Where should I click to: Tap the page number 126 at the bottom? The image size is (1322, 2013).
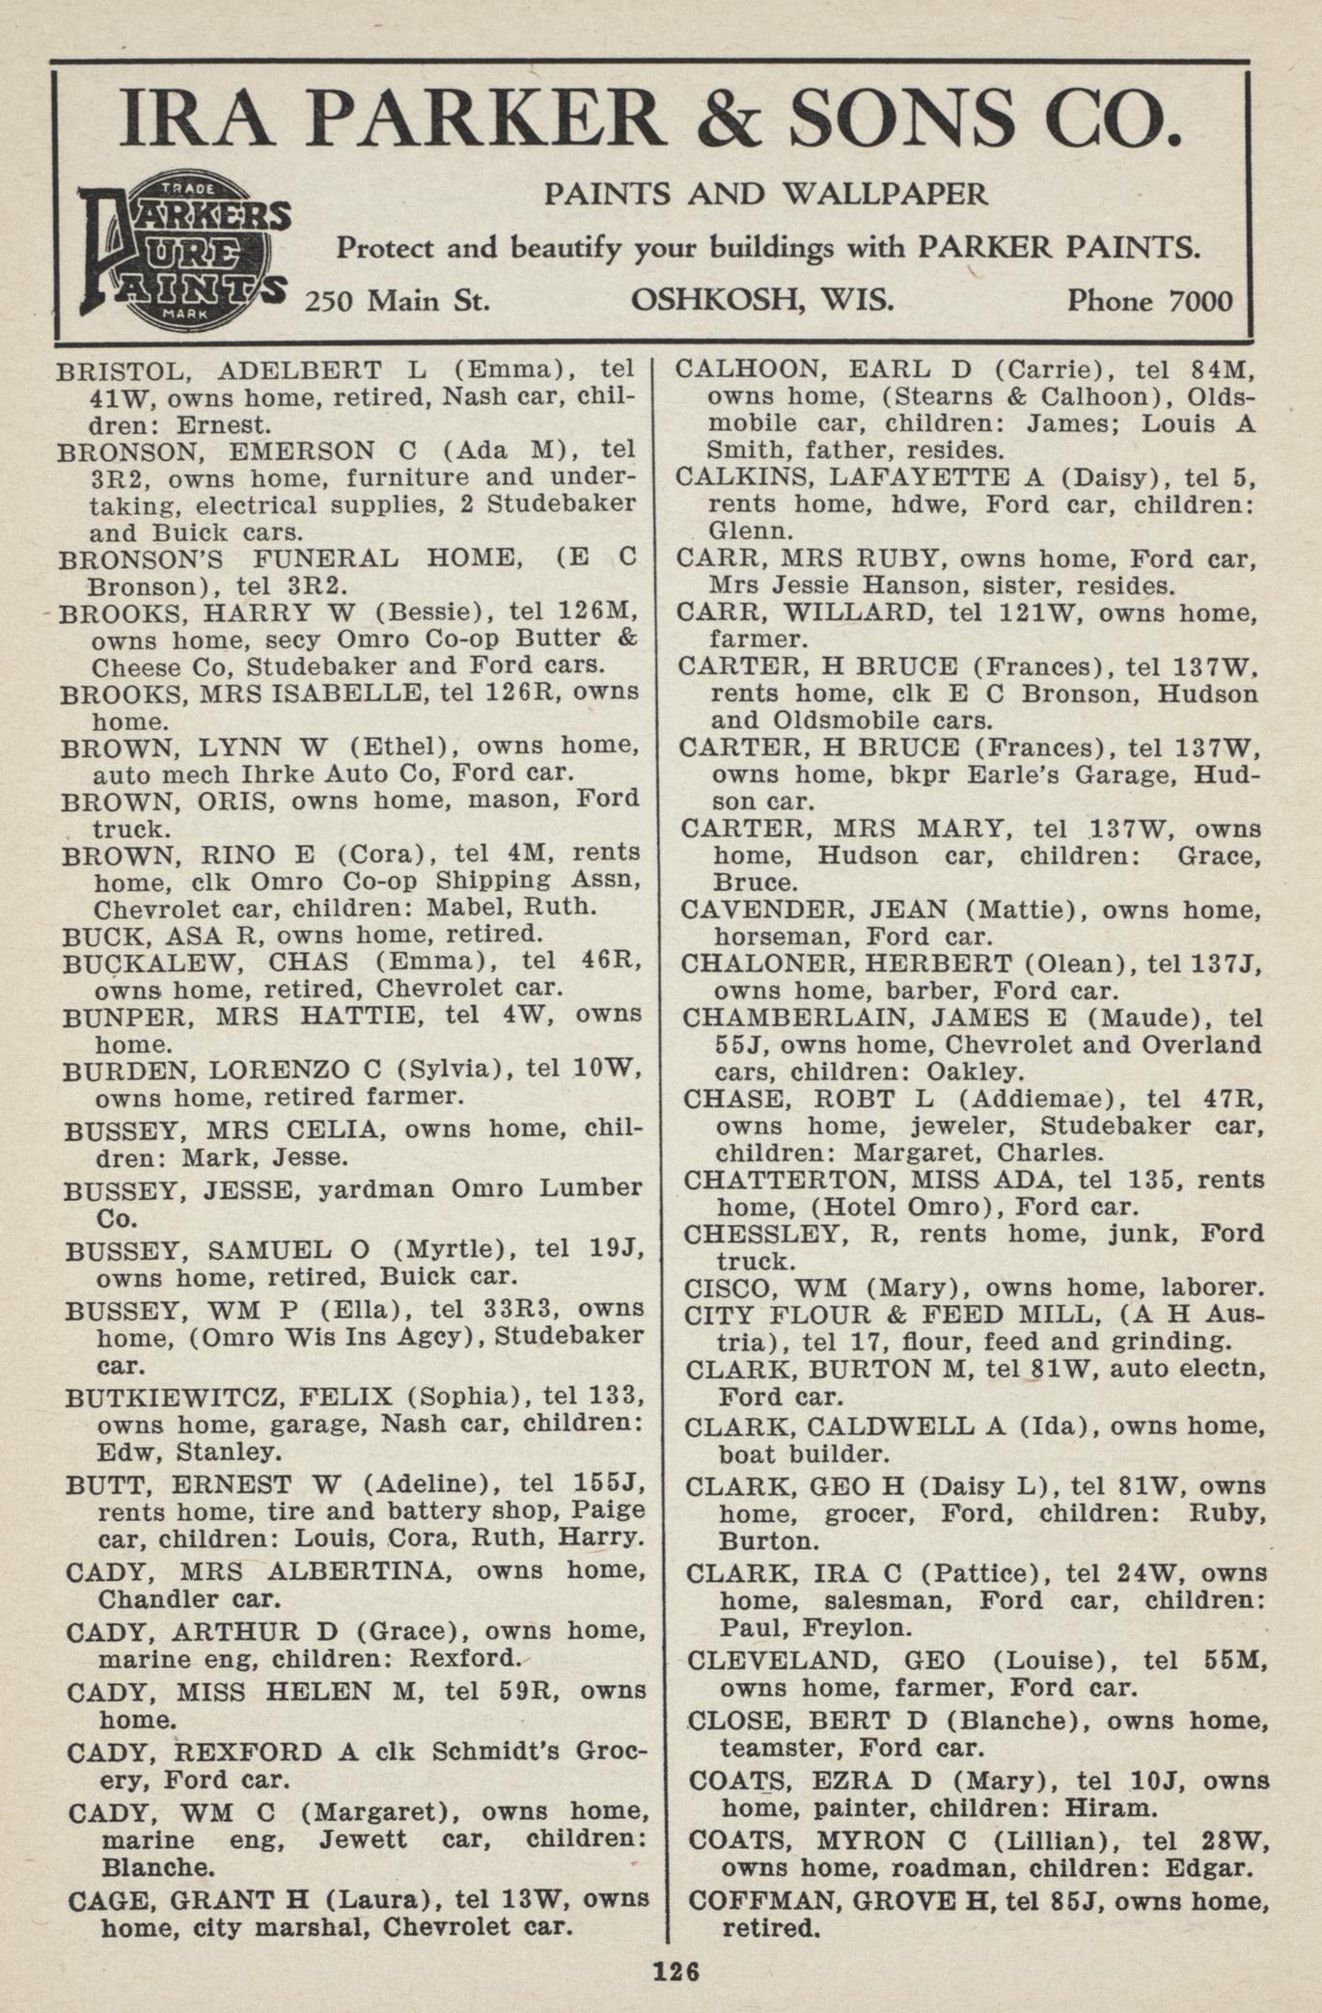[x=674, y=1971]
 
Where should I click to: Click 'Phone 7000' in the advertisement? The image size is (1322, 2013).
[x=1148, y=301]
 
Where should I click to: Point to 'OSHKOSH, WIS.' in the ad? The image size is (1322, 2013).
[x=761, y=300]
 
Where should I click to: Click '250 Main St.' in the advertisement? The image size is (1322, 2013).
[x=398, y=301]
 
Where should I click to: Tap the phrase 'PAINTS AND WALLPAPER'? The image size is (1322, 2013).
[x=765, y=194]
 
